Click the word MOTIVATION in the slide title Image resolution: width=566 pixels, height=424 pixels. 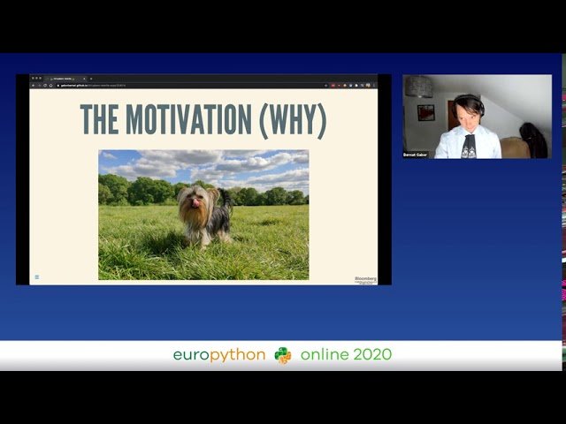click(189, 120)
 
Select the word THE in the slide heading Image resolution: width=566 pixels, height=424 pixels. click(100, 120)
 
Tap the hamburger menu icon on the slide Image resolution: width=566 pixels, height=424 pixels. click(36, 277)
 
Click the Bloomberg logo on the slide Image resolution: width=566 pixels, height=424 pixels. click(364, 277)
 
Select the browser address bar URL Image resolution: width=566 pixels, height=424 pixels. click(97, 86)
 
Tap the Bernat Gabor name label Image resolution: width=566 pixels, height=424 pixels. click(415, 155)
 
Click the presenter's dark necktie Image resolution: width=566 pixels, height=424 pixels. click(469, 145)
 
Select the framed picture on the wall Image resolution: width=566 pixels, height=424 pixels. click(425, 112)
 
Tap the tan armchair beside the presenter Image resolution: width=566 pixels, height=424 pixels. click(514, 148)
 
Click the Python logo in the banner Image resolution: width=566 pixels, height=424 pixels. click(283, 355)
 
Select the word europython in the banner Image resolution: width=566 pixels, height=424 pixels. click(218, 355)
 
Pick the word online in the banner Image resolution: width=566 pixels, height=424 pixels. click(325, 355)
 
